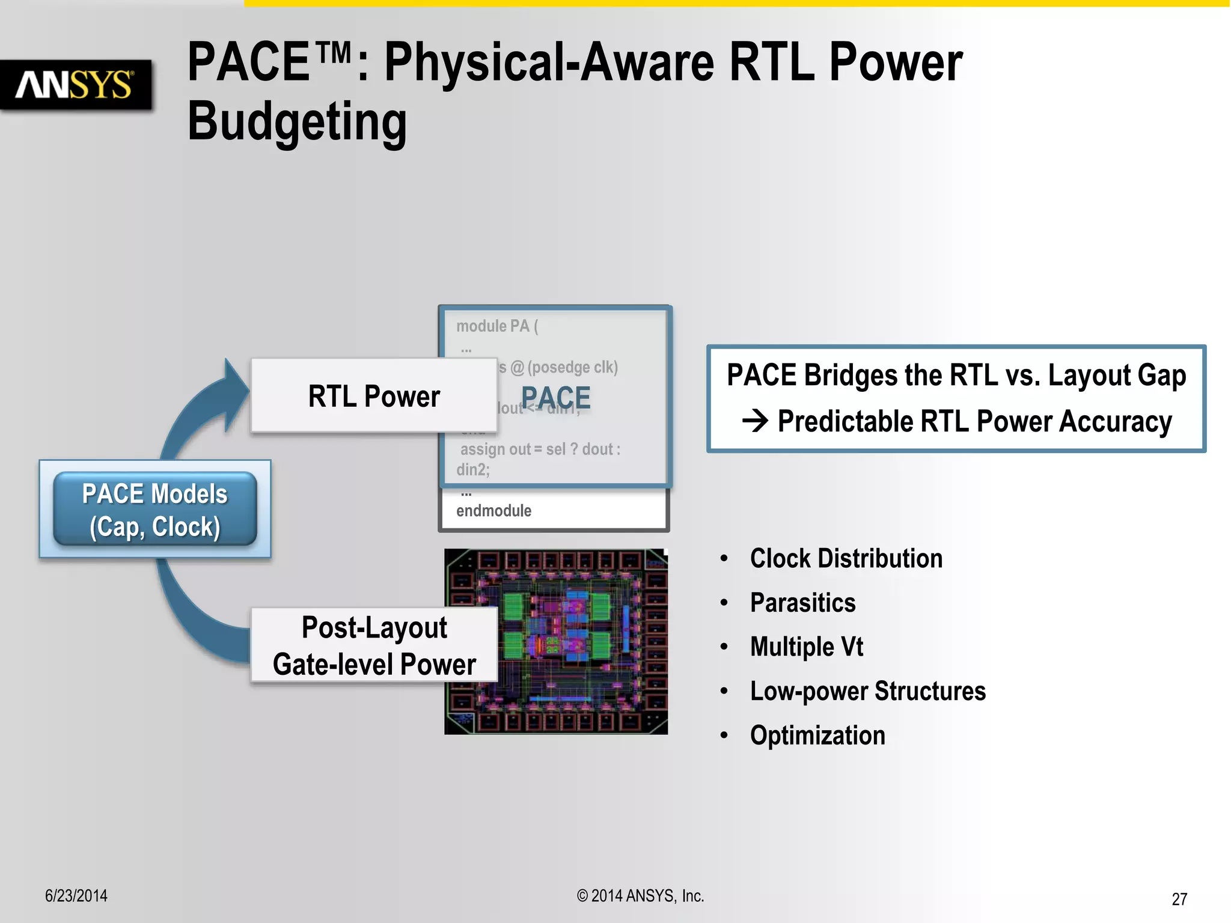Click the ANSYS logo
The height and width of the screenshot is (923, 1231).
pos(75,85)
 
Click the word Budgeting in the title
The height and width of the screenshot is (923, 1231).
pos(297,121)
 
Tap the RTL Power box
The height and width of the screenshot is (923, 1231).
pos(373,396)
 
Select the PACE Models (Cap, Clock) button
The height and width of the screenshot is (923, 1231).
pos(155,510)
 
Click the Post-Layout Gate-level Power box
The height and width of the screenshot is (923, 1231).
pos(374,645)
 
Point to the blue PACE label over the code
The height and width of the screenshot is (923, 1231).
pos(555,398)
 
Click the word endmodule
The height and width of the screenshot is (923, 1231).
pos(493,511)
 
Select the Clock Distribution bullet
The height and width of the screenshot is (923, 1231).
pos(846,559)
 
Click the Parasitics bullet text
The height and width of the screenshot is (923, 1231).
pos(802,603)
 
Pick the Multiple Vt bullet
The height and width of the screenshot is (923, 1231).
pos(806,647)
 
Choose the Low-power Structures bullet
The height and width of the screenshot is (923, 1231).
pos(867,691)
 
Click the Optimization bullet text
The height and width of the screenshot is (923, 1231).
pos(817,736)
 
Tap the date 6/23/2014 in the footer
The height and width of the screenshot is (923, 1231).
pos(76,896)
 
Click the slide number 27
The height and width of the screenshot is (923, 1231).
pos(1179,899)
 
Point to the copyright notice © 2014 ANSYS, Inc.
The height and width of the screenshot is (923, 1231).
pos(640,896)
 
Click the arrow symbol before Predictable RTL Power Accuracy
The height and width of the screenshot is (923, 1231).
pos(755,421)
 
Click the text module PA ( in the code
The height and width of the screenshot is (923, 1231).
pos(497,326)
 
